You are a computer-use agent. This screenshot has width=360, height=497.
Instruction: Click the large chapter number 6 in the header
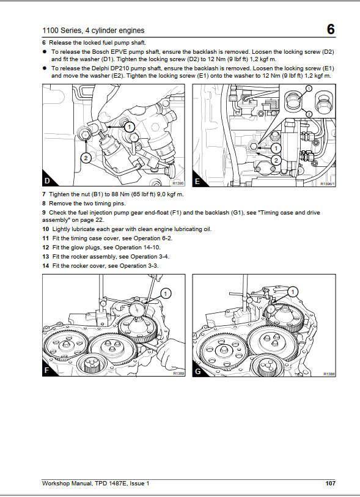[x=331, y=29]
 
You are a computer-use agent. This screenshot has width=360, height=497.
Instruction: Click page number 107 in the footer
[x=330, y=484]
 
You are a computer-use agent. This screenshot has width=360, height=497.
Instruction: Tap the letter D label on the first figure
[x=47, y=181]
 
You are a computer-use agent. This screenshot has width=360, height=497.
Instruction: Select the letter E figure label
[x=197, y=182]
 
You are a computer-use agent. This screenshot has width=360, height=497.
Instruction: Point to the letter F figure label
[x=46, y=370]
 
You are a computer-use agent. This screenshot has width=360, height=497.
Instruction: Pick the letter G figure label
[x=198, y=371]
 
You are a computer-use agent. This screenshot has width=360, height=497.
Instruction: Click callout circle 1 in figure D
[x=130, y=127]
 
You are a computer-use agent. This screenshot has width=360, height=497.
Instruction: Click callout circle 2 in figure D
[x=86, y=158]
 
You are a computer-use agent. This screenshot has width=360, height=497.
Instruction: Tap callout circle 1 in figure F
[x=166, y=293]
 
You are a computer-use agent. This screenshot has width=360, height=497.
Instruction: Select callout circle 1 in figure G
[x=293, y=292]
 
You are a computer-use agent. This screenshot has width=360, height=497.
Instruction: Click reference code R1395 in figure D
[x=178, y=183]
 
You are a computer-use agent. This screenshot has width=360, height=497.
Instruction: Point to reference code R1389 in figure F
[x=178, y=374]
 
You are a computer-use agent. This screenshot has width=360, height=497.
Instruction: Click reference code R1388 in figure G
[x=329, y=374]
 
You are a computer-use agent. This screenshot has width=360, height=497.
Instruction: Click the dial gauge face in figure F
[x=136, y=308]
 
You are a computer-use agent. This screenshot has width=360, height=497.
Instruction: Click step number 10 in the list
[x=46, y=229]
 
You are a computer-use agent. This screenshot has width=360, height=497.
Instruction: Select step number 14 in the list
[x=46, y=266]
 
